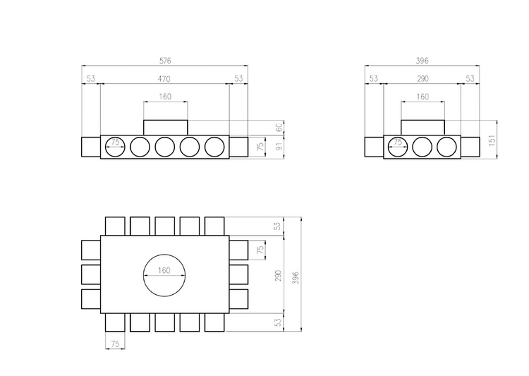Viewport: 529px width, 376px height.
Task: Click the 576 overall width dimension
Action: tap(165, 61)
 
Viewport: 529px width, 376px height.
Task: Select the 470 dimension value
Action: tap(165, 78)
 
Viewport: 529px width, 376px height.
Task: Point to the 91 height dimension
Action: tap(278, 147)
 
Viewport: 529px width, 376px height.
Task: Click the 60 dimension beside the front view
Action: tap(278, 127)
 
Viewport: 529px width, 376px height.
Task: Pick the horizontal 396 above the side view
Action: tap(422, 61)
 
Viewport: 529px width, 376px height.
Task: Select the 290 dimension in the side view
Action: tap(422, 78)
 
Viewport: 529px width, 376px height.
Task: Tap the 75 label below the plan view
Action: tap(116, 344)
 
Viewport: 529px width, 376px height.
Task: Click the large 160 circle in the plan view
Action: tap(165, 274)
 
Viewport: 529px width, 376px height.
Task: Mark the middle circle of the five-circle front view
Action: tap(165, 147)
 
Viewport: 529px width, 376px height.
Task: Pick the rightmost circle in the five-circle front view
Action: tap(216, 147)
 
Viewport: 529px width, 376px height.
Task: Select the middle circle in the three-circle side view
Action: tap(422, 147)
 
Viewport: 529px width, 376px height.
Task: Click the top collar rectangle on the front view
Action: tap(165, 127)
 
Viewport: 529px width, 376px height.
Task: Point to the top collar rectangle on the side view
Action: tap(422, 127)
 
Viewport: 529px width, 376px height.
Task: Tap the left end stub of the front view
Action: tap(91, 147)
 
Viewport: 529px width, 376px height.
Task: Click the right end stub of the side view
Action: tap(470, 147)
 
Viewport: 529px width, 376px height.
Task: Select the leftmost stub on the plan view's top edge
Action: tap(116, 226)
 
